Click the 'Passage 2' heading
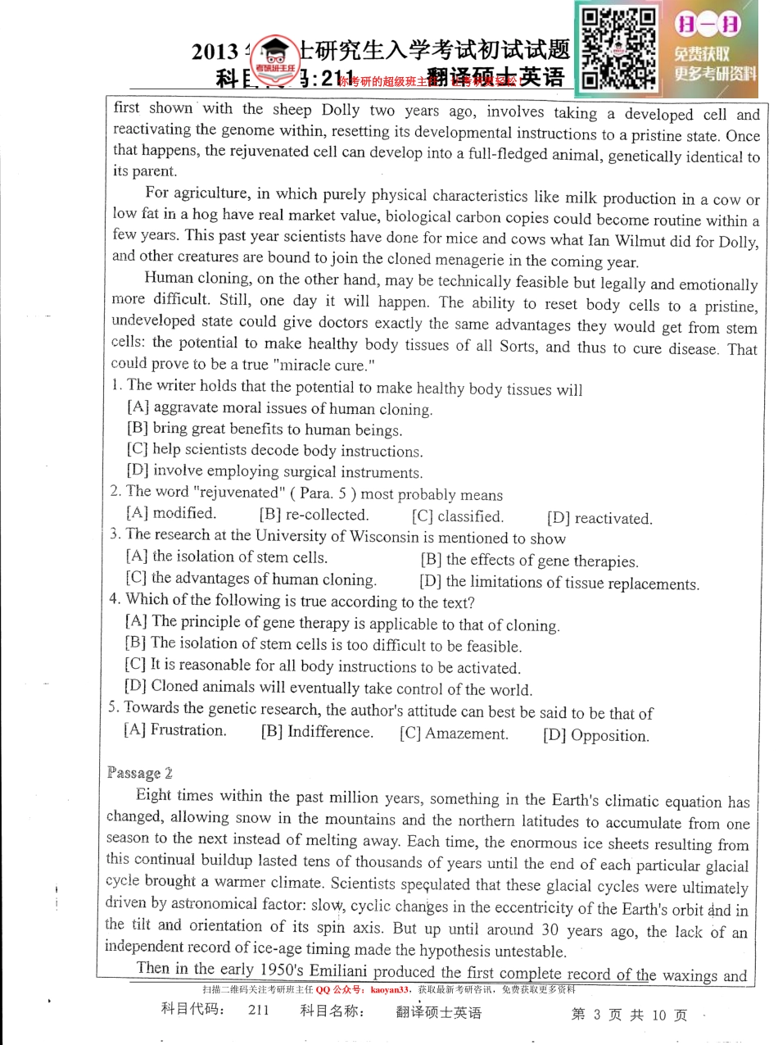coord(139,773)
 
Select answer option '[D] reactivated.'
coord(599,518)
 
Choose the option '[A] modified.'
coord(171,513)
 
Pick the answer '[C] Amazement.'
coord(454,734)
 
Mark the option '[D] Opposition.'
coord(595,735)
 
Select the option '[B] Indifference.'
coord(317,732)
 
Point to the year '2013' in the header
coord(215,52)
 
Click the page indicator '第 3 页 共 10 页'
coord(629,1015)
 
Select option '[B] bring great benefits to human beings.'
coord(265,429)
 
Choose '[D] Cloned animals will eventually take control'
coord(328,688)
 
